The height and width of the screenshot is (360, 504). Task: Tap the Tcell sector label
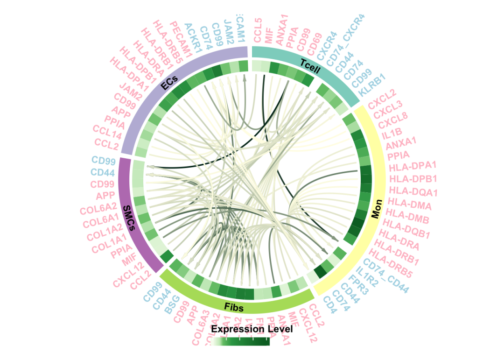point(310,65)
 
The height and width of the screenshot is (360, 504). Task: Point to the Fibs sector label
point(234,306)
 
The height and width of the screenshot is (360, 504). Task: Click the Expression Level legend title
point(252,329)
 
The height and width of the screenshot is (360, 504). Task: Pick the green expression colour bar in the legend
point(241,342)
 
